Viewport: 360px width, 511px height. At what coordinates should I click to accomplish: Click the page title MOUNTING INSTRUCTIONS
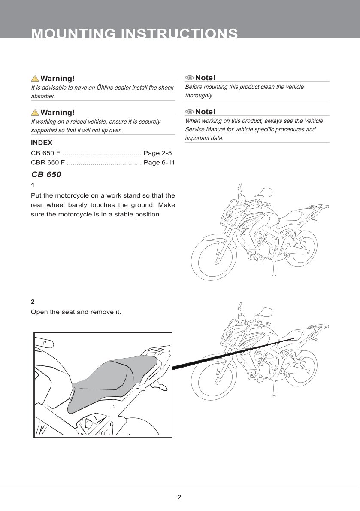click(x=134, y=33)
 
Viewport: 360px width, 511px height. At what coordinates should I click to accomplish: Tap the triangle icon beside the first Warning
click(x=35, y=79)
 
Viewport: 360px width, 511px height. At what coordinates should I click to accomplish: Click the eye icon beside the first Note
click(x=189, y=78)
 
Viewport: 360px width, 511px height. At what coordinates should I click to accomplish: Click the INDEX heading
click(x=42, y=143)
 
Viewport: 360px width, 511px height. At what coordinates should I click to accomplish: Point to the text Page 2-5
click(x=157, y=153)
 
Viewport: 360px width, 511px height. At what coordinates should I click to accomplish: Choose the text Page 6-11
click(x=159, y=163)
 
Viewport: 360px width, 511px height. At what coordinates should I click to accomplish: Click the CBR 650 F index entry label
click(x=48, y=163)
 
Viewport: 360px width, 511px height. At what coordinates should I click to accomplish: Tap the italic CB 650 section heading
click(x=46, y=175)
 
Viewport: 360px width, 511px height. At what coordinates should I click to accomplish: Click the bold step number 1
click(x=33, y=186)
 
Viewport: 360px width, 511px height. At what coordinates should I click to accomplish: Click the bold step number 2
click(x=33, y=301)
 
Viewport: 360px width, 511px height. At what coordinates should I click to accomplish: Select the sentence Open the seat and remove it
click(x=76, y=312)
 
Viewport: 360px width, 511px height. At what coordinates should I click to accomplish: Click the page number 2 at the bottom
click(x=179, y=497)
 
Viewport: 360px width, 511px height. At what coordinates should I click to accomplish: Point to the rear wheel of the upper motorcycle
click(x=303, y=247)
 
